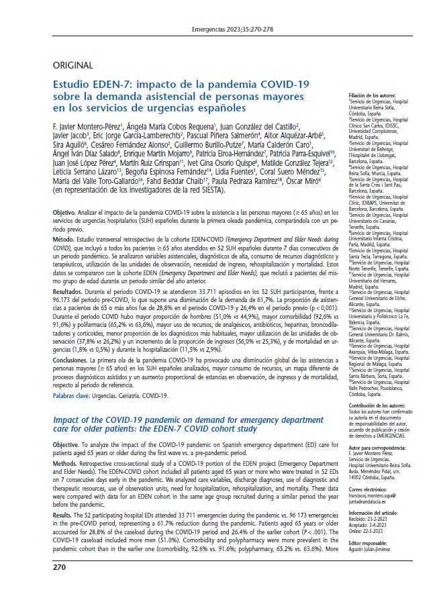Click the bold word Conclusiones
pos(73,360)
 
